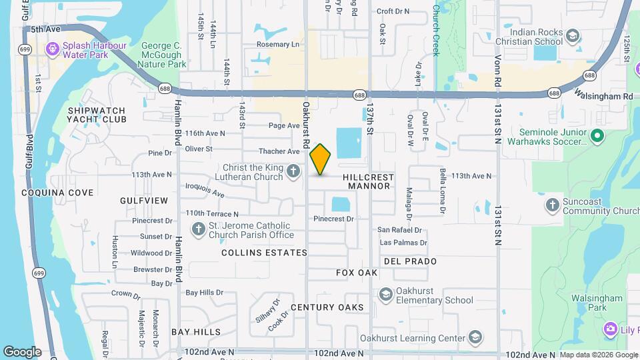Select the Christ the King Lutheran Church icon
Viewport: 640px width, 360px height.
293,173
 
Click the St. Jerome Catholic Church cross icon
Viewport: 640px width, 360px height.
198,230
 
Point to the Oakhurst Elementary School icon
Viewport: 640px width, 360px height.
385,294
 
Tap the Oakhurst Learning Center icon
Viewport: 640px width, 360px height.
475,337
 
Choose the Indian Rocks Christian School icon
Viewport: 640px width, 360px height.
572,35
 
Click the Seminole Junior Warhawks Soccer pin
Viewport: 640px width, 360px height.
597,136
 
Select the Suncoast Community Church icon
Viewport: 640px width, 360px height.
552,205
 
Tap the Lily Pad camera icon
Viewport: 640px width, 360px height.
610,329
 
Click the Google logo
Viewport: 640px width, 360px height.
22,351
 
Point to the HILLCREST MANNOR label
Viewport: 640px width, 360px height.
368,181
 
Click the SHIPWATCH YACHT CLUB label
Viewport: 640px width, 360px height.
97,115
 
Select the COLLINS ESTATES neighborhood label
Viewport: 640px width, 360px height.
264,253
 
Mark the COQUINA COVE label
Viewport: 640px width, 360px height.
57,193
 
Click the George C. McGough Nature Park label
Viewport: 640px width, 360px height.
163,55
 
